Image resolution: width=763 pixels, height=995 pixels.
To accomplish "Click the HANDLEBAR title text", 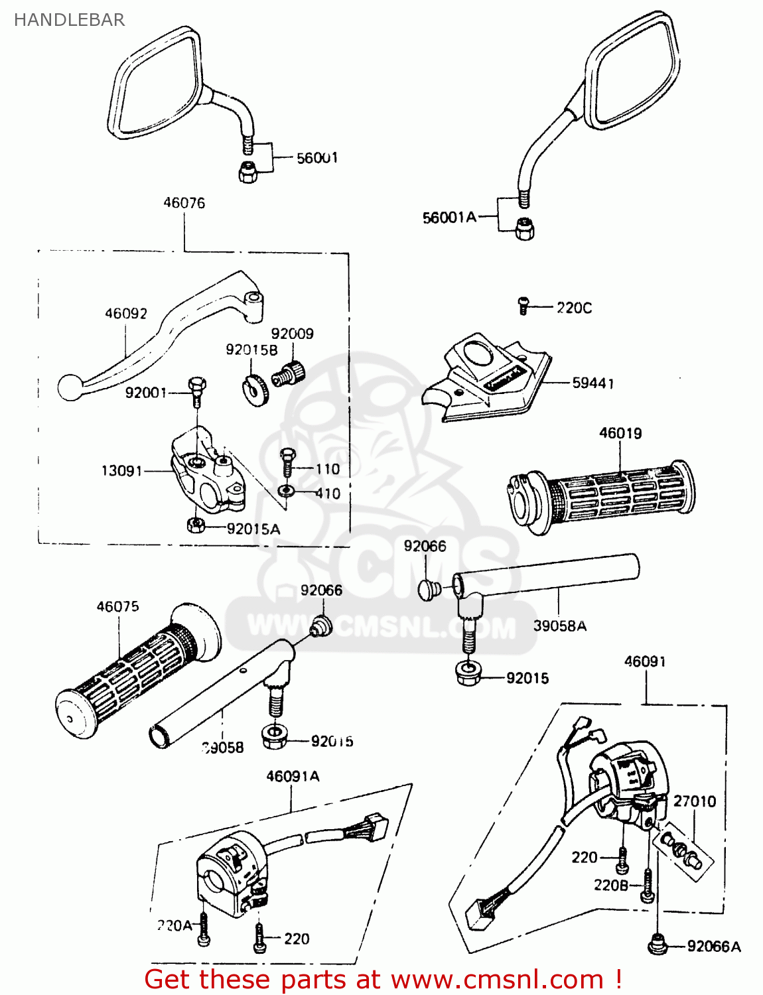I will point(69,20).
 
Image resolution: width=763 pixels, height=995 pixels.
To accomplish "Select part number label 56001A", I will point(449,218).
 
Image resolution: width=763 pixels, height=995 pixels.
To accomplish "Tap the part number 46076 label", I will point(184,203).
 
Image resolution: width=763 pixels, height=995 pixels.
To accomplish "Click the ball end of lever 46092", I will point(68,388).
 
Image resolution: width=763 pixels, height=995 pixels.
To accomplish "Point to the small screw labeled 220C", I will point(523,306).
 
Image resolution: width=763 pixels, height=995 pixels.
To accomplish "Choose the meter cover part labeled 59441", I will point(488,381).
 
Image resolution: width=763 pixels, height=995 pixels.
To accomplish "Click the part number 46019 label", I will point(620,433).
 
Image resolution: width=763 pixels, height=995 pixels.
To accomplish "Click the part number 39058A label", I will point(559,626).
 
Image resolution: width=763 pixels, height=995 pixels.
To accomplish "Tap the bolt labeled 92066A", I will point(657,945).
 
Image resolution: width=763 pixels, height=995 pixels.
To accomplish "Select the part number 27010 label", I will point(694,801).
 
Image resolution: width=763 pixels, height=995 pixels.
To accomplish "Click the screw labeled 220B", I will point(647,887).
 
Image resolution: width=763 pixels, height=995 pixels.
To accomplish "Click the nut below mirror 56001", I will point(248,172).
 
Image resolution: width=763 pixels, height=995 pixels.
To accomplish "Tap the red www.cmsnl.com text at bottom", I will point(497,979).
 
